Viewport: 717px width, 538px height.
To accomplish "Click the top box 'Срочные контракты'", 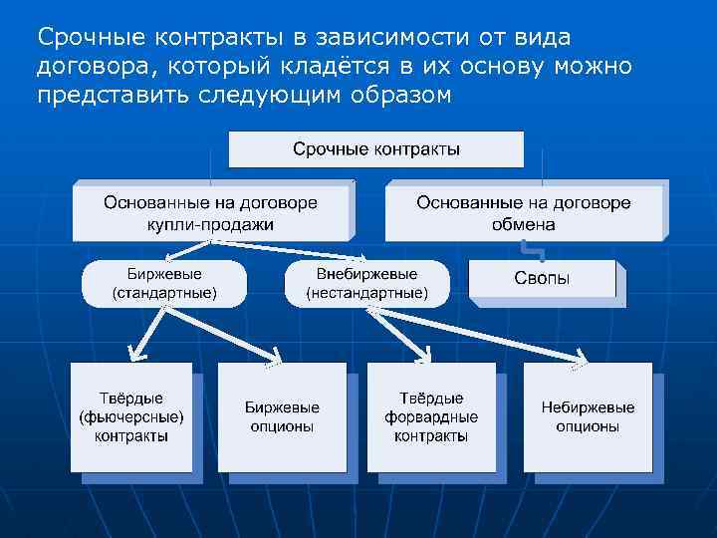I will tap(375, 149).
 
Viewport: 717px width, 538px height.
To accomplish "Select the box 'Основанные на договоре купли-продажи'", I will tap(210, 212).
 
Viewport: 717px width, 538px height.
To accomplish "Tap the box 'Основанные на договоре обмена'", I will tap(524, 212).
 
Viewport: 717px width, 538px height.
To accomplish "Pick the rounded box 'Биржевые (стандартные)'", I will tap(163, 283).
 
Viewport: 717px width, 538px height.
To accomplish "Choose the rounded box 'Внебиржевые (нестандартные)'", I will tap(366, 283).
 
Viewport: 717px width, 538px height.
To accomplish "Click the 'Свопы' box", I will tap(542, 279).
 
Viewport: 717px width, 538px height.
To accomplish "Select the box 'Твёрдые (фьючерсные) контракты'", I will tap(131, 416).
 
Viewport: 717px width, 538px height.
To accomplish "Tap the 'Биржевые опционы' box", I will tap(282, 416).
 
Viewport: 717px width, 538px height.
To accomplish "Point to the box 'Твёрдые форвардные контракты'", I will tap(431, 416).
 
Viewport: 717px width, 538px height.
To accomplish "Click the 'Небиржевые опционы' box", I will tap(588, 416).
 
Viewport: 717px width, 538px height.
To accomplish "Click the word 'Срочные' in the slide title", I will tap(83, 38).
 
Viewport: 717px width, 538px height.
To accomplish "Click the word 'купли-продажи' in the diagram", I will tap(210, 224).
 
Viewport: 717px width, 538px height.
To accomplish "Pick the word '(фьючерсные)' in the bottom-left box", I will tap(131, 417).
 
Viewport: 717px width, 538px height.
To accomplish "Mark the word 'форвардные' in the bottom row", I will tap(431, 417).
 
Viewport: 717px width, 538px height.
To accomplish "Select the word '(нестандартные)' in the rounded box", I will tap(366, 294).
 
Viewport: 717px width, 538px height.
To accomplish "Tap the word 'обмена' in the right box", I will tap(524, 224).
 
